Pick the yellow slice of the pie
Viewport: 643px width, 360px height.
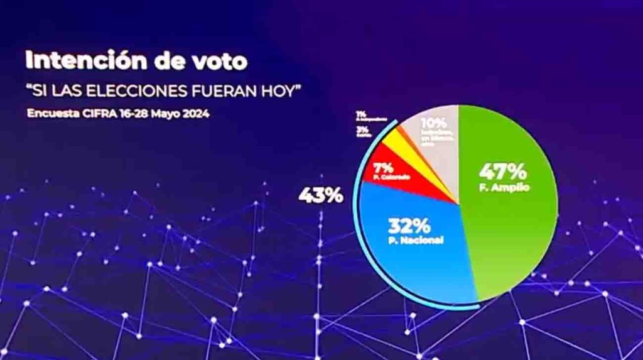(x=396, y=144)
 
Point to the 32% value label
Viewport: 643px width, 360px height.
(x=409, y=225)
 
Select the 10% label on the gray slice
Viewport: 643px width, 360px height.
(x=434, y=123)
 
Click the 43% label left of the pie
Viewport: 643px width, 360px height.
(x=320, y=195)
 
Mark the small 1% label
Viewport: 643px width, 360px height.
(x=361, y=114)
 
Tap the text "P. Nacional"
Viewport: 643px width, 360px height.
(x=409, y=240)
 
